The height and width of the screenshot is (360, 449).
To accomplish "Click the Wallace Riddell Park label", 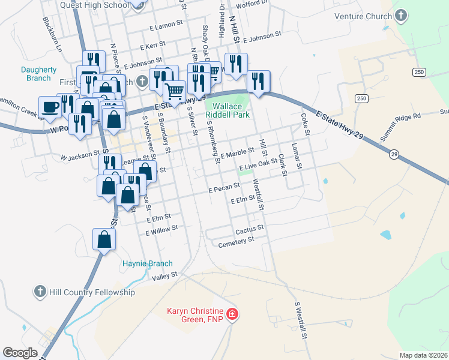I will tap(228, 110).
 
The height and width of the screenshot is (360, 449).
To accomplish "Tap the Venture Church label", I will tap(362, 16).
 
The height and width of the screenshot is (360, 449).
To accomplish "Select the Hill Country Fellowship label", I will tap(91, 292).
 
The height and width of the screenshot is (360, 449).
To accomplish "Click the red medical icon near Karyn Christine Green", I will tap(232, 314).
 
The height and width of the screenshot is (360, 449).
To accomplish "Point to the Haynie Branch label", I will tap(148, 263).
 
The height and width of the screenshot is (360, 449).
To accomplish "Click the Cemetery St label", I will tap(237, 241).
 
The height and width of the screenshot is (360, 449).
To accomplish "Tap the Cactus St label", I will tap(250, 229).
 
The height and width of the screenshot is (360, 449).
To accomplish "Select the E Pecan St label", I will tap(224, 190).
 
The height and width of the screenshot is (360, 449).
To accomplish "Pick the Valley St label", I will tap(165, 276).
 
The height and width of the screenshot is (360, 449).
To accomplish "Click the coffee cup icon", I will tap(50, 107).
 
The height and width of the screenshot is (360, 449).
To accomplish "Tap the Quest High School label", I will tap(95, 5).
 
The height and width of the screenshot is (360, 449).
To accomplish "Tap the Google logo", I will tap(20, 353).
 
